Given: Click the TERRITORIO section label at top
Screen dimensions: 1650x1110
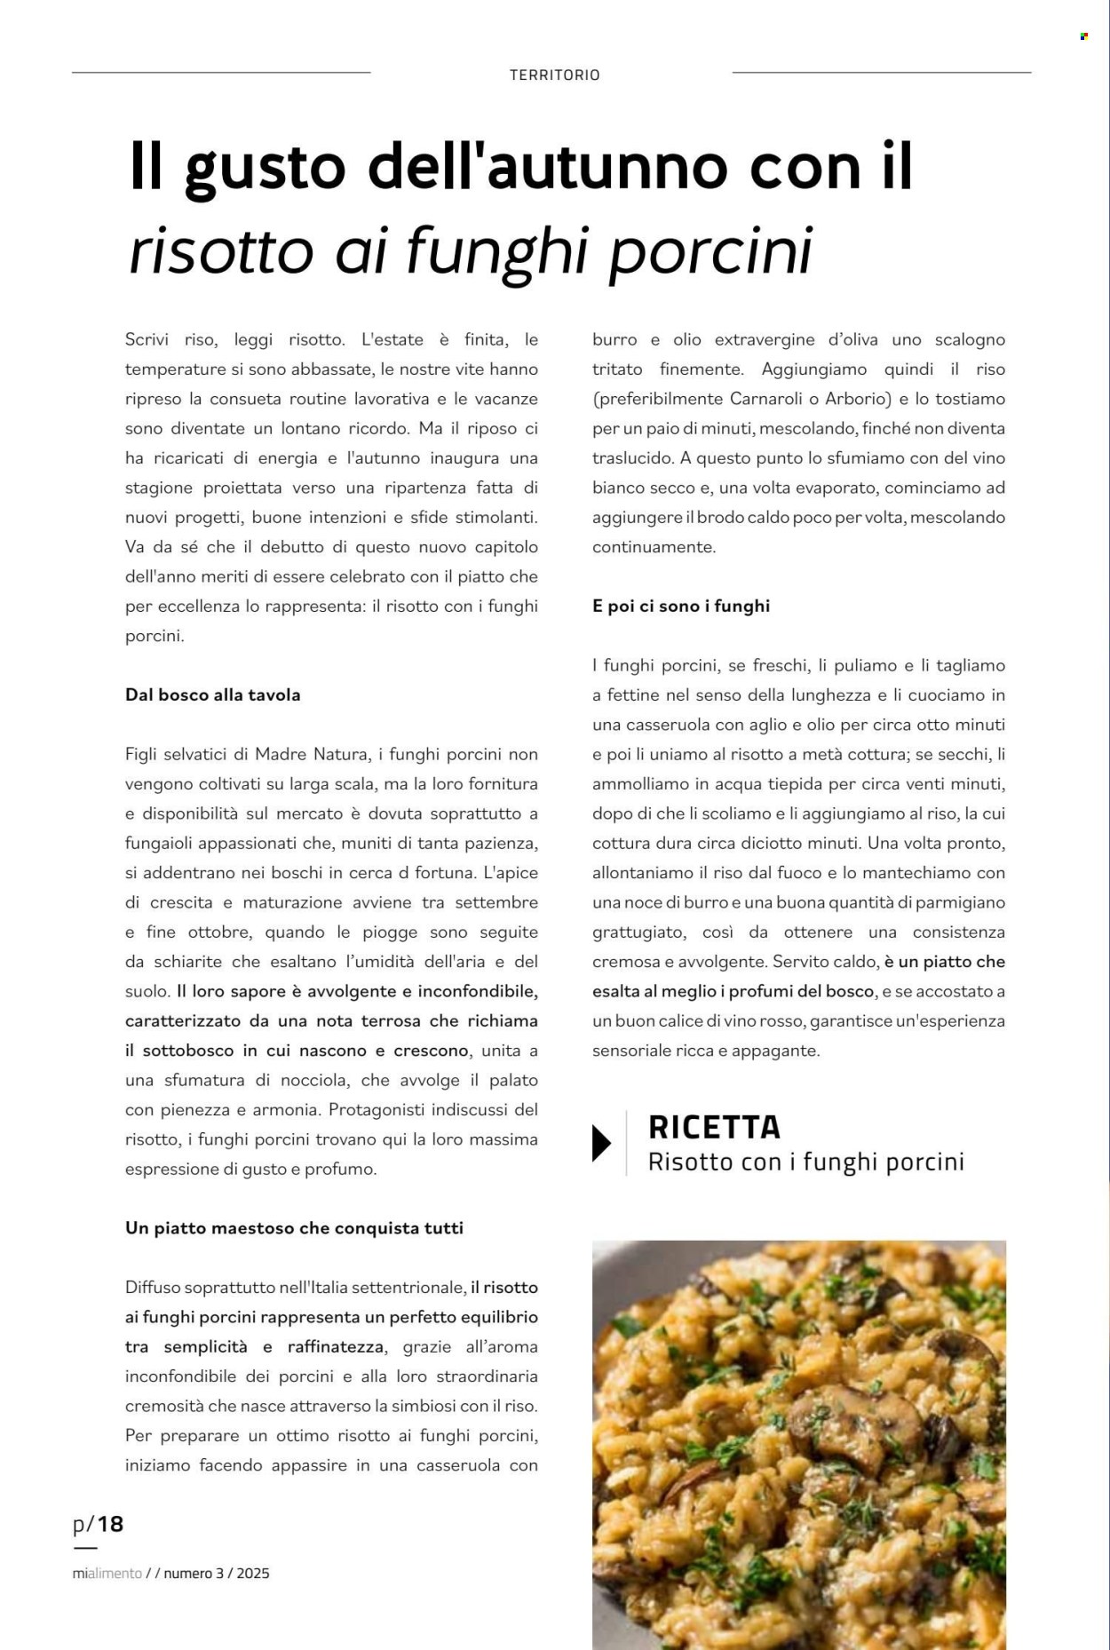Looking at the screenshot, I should (554, 75).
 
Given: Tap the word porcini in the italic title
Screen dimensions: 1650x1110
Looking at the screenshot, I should (710, 251).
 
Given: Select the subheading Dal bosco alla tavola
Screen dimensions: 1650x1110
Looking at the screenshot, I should (213, 695).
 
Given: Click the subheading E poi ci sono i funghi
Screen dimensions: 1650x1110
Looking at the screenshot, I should (681, 607).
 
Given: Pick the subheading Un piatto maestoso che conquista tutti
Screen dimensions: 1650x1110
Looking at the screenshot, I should (294, 1228).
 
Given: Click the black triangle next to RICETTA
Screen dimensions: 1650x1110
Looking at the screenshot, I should (601, 1143).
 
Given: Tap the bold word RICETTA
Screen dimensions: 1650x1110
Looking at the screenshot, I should (714, 1127).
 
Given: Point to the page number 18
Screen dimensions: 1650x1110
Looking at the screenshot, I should (110, 1525).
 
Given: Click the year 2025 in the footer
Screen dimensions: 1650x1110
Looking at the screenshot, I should (253, 1573).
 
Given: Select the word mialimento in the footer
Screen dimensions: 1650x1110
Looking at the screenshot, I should (107, 1573).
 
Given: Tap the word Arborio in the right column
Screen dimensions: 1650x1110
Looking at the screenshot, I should (857, 399).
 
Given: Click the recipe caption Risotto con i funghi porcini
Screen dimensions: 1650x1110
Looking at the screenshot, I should (805, 1162).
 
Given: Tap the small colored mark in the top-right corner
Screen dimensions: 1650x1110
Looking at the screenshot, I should (1083, 36).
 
